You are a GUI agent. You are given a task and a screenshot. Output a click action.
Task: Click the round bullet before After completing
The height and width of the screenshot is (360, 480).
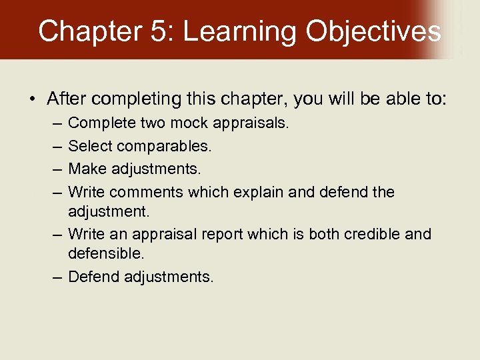[33, 100]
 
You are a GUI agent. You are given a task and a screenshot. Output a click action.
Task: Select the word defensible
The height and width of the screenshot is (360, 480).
[106, 254]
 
